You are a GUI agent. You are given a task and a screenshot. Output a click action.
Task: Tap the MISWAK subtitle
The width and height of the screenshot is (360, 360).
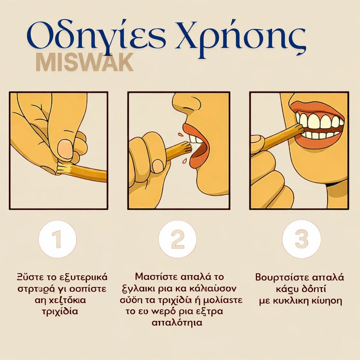[85, 63]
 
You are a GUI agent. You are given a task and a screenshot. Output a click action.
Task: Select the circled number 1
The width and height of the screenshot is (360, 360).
[57, 239]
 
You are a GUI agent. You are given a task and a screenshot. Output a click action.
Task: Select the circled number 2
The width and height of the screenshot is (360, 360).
[178, 239]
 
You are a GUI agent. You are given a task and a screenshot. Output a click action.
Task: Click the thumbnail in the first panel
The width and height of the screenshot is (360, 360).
[66, 149]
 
